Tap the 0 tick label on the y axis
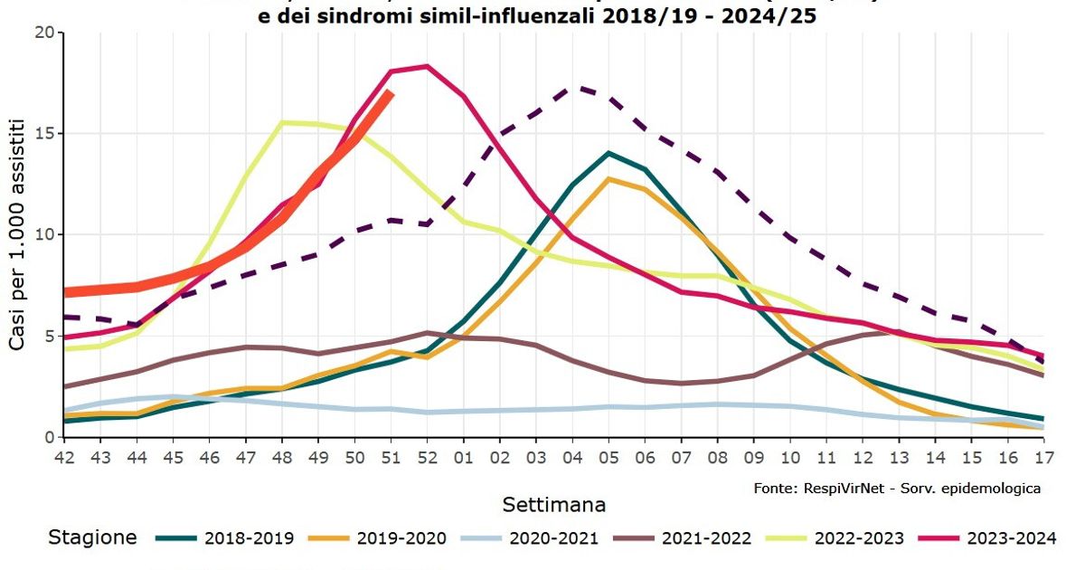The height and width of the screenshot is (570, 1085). (x=49, y=438)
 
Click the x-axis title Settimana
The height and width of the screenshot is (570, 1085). (x=553, y=504)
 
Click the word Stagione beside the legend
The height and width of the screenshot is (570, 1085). (x=92, y=538)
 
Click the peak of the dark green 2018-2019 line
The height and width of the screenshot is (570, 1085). (x=609, y=153)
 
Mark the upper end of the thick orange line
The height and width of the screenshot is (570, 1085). (x=390, y=92)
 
